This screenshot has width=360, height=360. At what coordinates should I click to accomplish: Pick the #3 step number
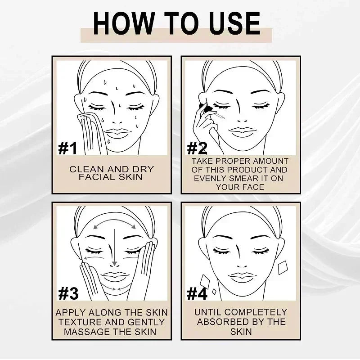[x=68, y=293]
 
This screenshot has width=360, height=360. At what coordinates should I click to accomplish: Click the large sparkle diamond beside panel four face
[x=283, y=267]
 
